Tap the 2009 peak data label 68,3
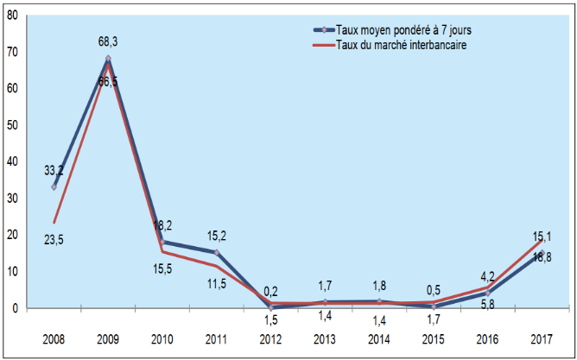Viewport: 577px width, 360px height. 108,41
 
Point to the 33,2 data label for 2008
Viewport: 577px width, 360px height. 54,170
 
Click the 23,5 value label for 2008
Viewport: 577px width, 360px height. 54,241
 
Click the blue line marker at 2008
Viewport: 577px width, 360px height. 54,186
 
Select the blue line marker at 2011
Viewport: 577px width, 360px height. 216,252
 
